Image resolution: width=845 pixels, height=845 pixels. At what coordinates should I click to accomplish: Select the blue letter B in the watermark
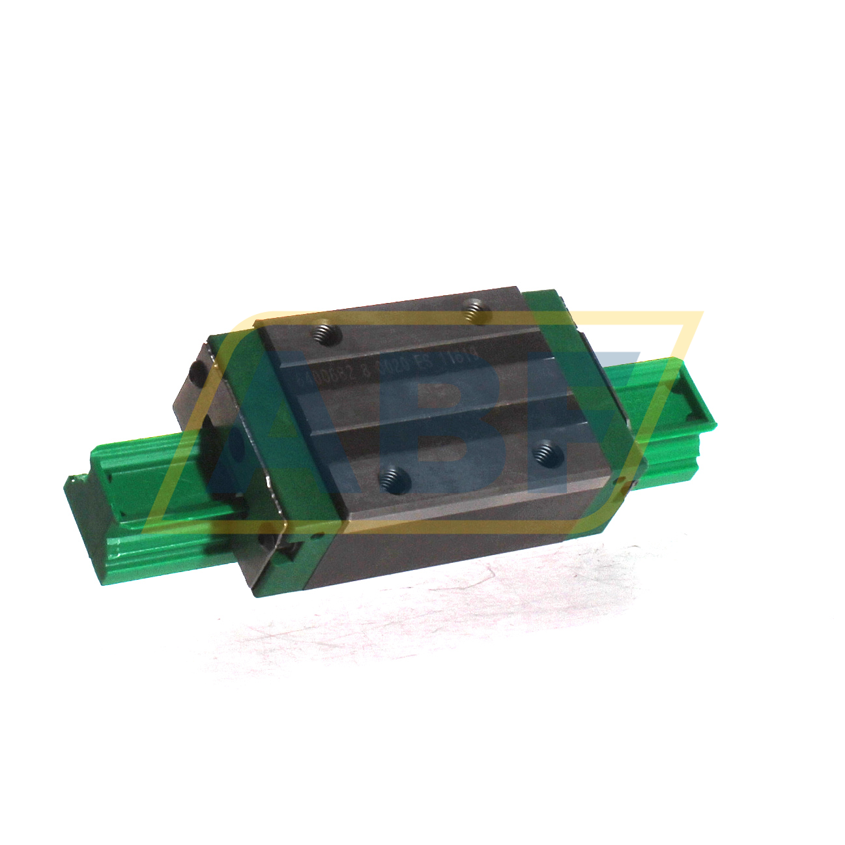[456, 423]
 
